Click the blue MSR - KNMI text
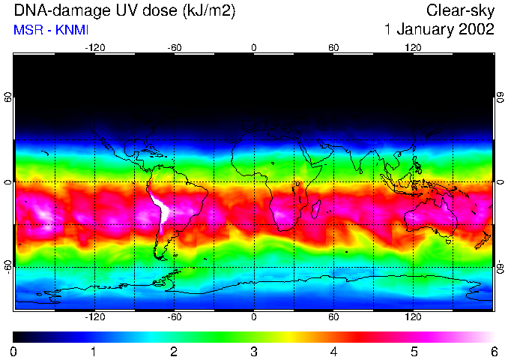(x=46, y=30)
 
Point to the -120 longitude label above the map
(x=94, y=47)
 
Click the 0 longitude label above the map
(x=254, y=47)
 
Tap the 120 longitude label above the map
(x=413, y=47)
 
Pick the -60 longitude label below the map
(x=174, y=317)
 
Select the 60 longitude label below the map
(x=333, y=317)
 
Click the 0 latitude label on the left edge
(x=8, y=182)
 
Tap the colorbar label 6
(x=493, y=351)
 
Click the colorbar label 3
(x=254, y=351)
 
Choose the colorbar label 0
(x=14, y=351)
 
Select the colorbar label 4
(x=333, y=351)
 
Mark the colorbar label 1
(x=94, y=351)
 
